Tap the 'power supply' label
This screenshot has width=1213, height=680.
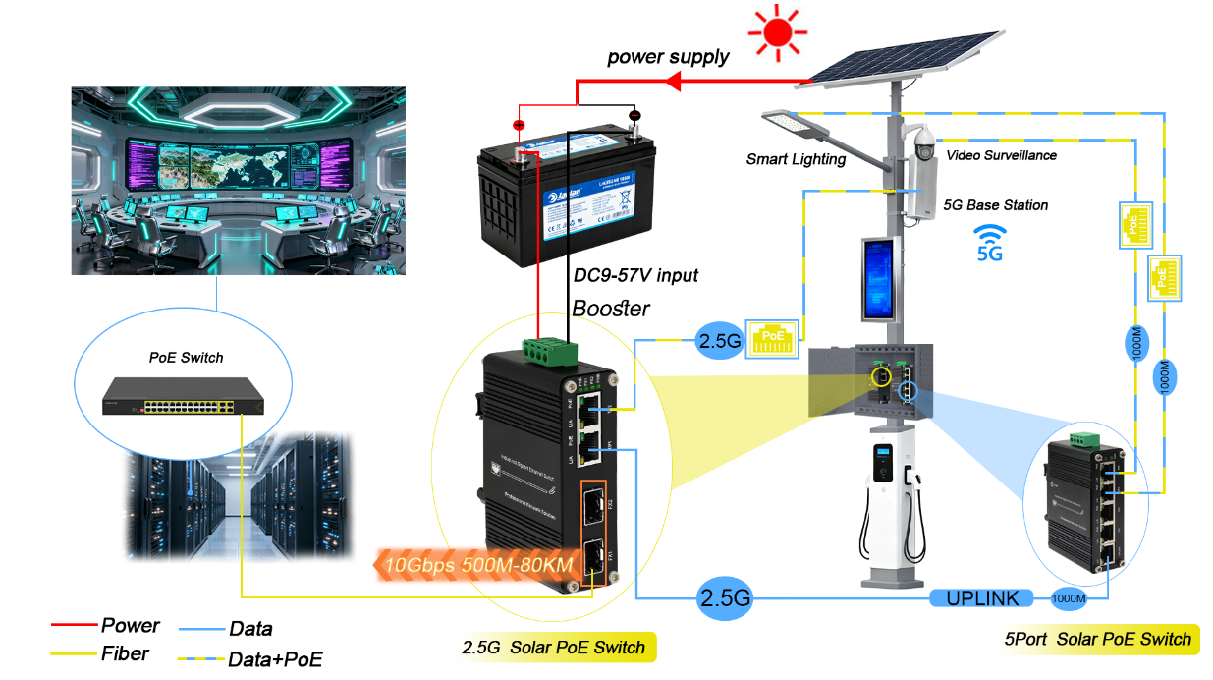coord(668,57)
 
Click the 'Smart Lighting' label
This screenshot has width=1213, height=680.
coord(796,159)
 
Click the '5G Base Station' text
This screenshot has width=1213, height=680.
coord(996,205)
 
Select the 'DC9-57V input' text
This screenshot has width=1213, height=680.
coord(635,275)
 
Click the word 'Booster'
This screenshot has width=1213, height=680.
coord(611,309)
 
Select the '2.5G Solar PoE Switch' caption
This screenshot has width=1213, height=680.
coord(554,648)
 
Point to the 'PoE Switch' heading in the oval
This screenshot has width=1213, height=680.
coord(186,357)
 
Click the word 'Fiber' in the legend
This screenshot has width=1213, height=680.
coord(125,652)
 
